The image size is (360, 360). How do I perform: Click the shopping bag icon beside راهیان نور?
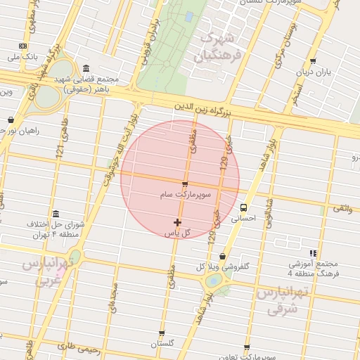pyautogui.click(x=11, y=120)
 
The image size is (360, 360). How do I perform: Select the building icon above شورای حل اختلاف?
pyautogui.click(x=56, y=214)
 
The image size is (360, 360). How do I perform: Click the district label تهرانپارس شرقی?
pyautogui.click(x=285, y=301)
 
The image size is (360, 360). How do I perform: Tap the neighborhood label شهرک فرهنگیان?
pyautogui.click(x=220, y=44)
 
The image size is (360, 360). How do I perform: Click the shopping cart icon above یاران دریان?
pyautogui.click(x=312, y=61)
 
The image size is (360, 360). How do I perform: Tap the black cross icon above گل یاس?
pyautogui.click(x=177, y=222)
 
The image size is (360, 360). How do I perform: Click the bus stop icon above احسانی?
pyautogui.click(x=243, y=207)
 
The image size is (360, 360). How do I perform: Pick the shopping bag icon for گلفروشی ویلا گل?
pyautogui.click(x=223, y=256)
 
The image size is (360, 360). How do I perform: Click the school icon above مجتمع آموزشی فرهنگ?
pyautogui.click(x=313, y=253)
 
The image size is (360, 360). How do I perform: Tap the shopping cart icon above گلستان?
pyautogui.click(x=162, y=333)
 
